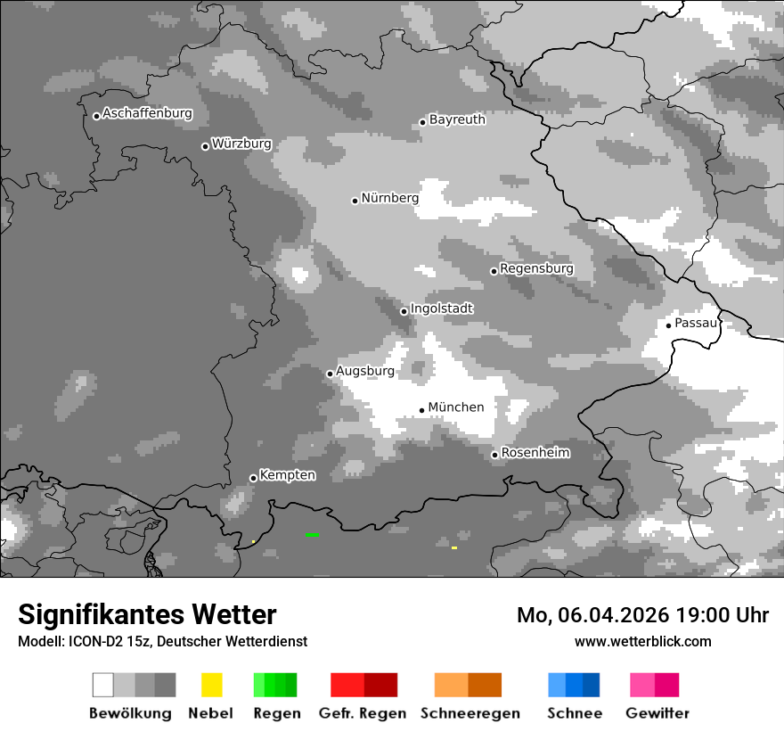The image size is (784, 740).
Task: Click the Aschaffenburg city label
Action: point(147,114)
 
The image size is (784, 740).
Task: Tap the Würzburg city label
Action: point(241,144)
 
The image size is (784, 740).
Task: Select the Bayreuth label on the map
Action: point(457,119)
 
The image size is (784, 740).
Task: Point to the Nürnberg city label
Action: point(389,198)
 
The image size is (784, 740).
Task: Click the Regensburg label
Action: point(536,268)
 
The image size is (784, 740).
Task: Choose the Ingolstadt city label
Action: point(441,308)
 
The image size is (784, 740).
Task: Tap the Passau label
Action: point(696,323)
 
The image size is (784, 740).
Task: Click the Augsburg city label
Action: point(364,371)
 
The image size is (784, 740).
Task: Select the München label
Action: point(456,407)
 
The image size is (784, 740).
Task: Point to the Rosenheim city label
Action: point(535,453)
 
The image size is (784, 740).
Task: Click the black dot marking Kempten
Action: point(253,478)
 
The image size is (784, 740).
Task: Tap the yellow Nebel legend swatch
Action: point(211,685)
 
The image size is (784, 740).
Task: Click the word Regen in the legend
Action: point(276,713)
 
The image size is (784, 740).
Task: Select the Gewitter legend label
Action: point(657,713)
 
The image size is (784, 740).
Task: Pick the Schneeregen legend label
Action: point(470,713)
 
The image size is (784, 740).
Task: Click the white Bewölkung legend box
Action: point(103,685)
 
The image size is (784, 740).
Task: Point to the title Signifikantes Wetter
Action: point(147,615)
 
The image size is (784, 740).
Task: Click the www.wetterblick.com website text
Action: point(642,641)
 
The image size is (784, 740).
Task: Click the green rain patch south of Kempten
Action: point(312,534)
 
